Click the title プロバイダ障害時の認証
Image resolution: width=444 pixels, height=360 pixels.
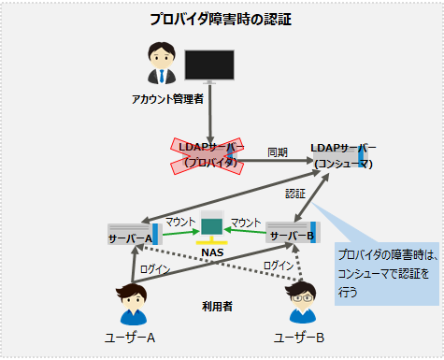(x=221, y=20)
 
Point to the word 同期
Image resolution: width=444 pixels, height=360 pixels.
(x=278, y=151)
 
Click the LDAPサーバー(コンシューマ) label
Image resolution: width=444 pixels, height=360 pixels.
(x=344, y=156)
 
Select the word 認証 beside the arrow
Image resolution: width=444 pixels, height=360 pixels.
(x=296, y=194)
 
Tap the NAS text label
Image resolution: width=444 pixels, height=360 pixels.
(x=212, y=253)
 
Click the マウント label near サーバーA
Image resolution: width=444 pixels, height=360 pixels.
(x=180, y=222)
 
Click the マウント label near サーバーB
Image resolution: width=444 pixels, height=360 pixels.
(x=246, y=222)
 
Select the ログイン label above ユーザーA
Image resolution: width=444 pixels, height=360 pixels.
(x=155, y=268)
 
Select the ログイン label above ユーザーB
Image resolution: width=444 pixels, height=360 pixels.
(x=278, y=266)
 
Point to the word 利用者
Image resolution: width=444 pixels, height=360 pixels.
(x=217, y=306)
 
